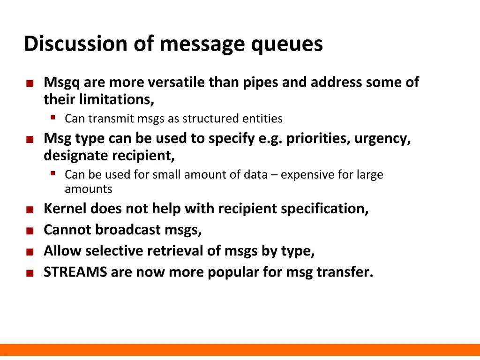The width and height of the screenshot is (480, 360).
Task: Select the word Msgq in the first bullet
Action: [x=62, y=82]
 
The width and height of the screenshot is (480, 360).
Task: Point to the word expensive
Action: [x=308, y=175]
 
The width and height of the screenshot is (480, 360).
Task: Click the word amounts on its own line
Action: [x=88, y=189]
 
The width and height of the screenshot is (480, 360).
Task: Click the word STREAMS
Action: [x=75, y=272]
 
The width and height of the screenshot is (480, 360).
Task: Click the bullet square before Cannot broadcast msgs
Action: [x=30, y=231]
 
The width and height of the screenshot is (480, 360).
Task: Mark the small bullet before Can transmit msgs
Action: [x=53, y=117]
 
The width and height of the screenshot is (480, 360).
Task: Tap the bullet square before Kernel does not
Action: [x=30, y=210]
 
